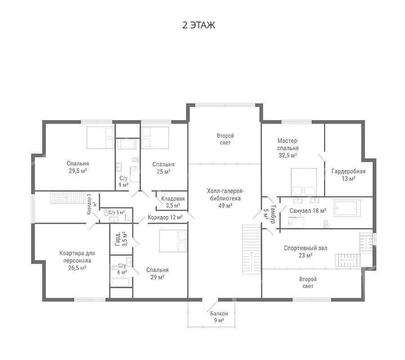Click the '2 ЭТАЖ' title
(198, 25)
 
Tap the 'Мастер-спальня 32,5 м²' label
(288, 148)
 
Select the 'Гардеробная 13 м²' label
(348, 175)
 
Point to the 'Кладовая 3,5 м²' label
(173, 202)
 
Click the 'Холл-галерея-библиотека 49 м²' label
(225, 198)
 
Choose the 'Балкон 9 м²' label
(219, 317)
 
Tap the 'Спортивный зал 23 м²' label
(306, 252)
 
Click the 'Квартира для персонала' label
(77, 256)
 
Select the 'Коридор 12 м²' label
(165, 217)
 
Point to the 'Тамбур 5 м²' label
(269, 214)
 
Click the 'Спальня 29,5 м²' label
(78, 167)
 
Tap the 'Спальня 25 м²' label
(163, 168)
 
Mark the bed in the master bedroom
(304, 182)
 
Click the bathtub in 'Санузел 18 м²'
(347, 207)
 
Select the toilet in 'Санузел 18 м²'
(326, 224)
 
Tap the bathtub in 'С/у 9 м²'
(127, 144)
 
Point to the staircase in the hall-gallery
(252, 249)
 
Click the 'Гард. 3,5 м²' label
(121, 239)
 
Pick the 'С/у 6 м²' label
(122, 269)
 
